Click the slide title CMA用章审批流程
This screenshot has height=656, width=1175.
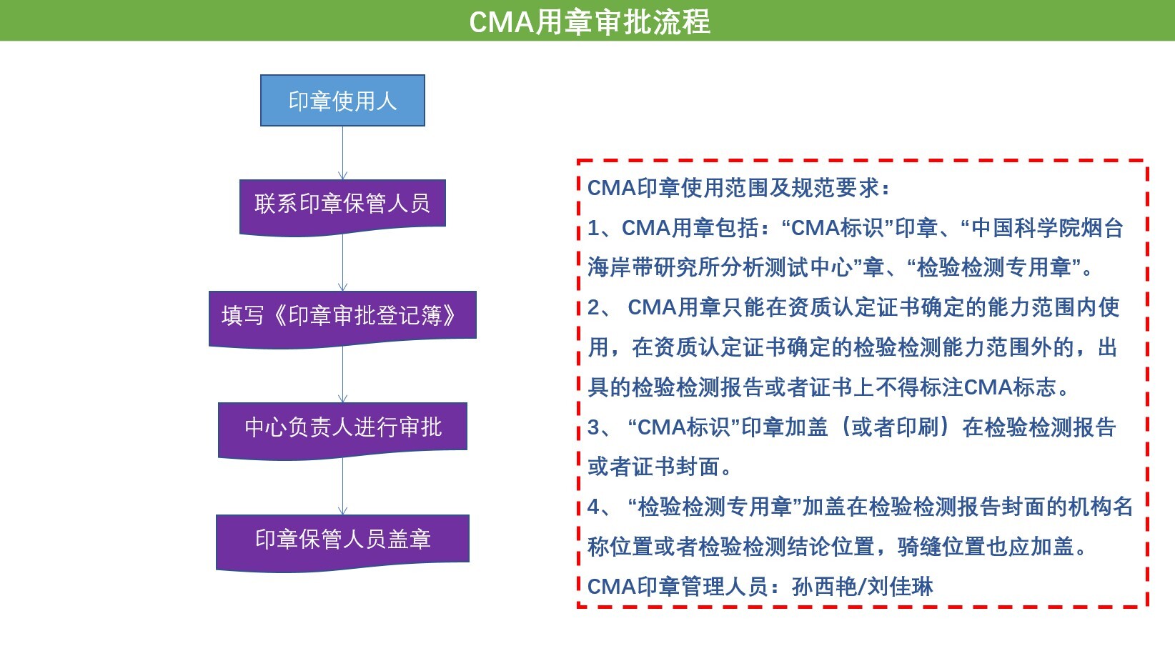[x=589, y=22]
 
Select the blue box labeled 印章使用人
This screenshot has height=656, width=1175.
[x=342, y=100]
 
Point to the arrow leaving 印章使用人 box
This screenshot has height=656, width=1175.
[x=342, y=153]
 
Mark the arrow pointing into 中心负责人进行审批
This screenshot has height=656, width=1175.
[x=342, y=374]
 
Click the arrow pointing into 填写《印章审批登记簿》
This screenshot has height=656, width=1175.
[x=342, y=263]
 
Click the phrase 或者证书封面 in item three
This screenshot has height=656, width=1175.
[x=653, y=467]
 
